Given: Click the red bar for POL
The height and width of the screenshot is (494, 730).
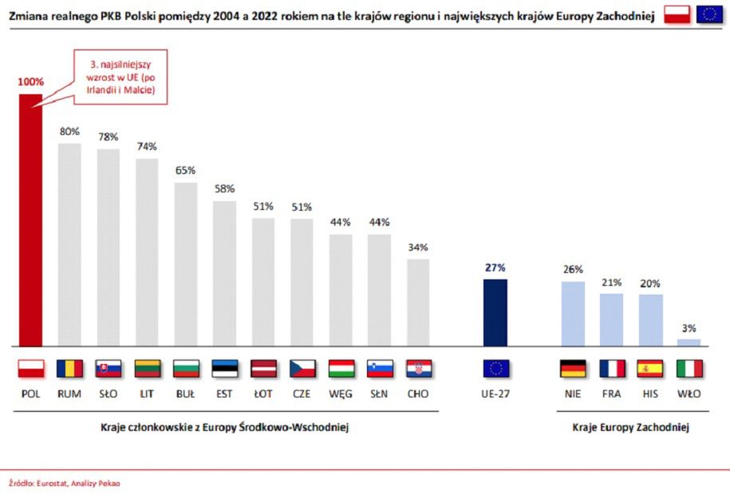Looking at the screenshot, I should (x=30, y=220).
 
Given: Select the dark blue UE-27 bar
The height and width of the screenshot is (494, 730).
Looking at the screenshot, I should (x=495, y=313).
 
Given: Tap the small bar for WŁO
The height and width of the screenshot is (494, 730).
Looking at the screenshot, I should (x=689, y=342).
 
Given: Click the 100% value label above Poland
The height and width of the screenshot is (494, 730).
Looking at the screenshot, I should (x=30, y=81).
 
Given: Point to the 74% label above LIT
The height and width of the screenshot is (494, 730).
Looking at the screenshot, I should (x=147, y=146).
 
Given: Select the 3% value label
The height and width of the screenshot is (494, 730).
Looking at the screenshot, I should (x=689, y=327).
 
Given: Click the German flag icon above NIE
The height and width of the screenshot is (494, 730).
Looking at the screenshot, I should (x=573, y=369).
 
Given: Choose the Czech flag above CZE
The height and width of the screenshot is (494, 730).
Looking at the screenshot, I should (x=302, y=369).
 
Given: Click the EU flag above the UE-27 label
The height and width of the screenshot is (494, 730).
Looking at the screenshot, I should (x=495, y=369).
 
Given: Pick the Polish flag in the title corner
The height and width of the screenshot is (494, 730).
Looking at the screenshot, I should (x=677, y=14).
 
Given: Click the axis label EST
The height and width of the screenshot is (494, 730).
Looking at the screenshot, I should (x=224, y=393).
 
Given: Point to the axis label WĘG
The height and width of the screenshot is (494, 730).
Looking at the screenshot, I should (x=341, y=393).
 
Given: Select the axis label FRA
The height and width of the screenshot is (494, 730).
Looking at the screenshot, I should (x=611, y=393).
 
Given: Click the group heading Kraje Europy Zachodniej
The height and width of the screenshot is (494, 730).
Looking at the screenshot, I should (x=630, y=428).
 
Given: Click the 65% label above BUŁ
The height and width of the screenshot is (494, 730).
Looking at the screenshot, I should (x=186, y=170).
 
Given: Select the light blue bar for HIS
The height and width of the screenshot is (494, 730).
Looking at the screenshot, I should (x=650, y=321).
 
